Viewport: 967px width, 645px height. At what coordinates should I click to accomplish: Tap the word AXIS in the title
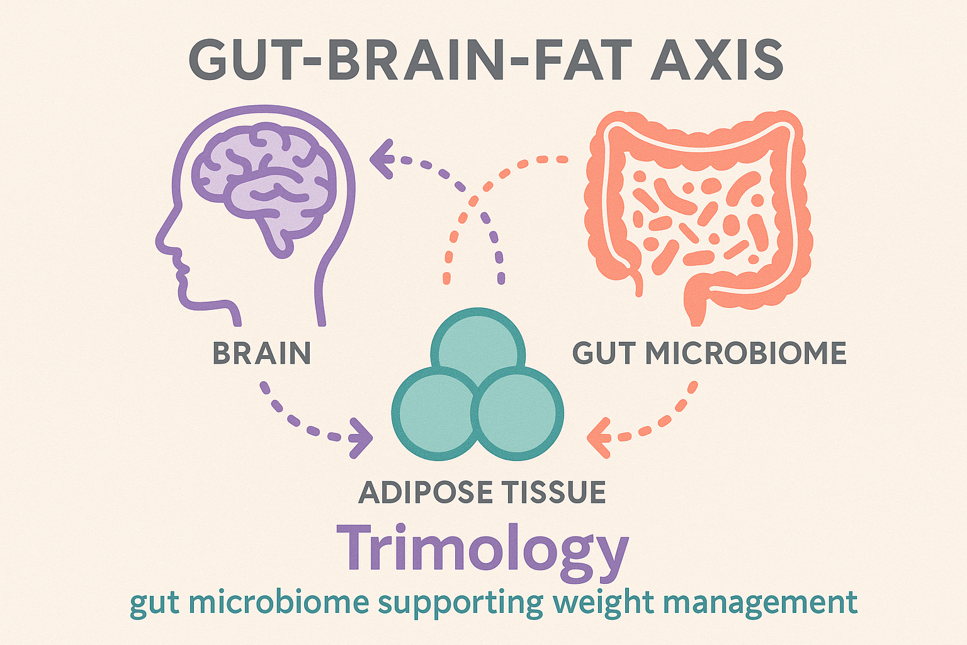pyautogui.click(x=716, y=60)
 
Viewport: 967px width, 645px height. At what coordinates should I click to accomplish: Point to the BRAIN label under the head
pyautogui.click(x=262, y=353)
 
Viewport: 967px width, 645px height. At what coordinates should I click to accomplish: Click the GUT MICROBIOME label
pyautogui.click(x=710, y=353)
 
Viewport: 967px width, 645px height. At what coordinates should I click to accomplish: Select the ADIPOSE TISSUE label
pyautogui.click(x=482, y=492)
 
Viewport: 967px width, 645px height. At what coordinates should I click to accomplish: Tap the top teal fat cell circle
pyautogui.click(x=478, y=342)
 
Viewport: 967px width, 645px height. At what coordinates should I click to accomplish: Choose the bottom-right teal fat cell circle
pyautogui.click(x=517, y=414)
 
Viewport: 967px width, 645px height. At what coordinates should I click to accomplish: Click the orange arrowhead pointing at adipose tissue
pyautogui.click(x=598, y=438)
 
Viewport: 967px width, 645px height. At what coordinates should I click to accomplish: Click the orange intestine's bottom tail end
pyautogui.click(x=696, y=320)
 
